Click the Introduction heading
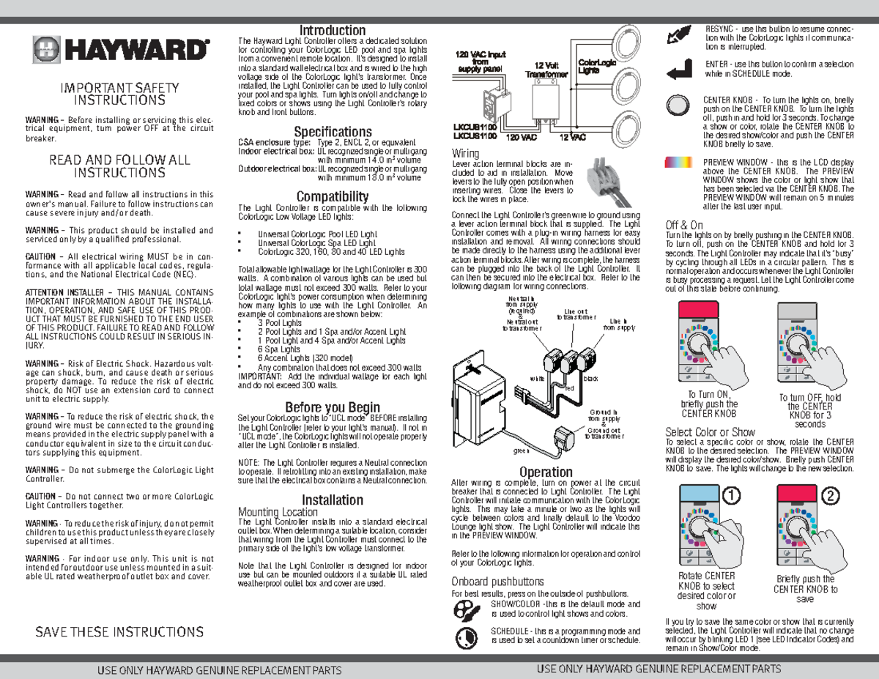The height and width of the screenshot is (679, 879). [333, 31]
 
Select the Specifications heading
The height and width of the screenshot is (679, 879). [333, 132]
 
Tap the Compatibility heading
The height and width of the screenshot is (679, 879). [333, 196]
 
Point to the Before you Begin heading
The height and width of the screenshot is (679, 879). [333, 407]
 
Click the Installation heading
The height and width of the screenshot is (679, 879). [333, 500]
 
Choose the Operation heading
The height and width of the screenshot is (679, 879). [546, 472]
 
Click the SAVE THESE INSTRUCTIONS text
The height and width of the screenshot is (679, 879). [120, 632]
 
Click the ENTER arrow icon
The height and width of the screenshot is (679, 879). [679, 69]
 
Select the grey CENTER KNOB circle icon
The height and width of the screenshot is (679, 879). [679, 104]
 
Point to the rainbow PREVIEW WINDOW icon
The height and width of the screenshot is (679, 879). [679, 163]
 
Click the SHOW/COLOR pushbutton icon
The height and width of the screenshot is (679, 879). [465, 609]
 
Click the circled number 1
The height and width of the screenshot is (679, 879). [729, 495]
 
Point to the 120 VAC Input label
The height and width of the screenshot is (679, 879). [481, 62]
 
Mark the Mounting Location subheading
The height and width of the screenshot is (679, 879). [278, 512]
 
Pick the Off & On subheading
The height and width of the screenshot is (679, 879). [684, 224]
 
